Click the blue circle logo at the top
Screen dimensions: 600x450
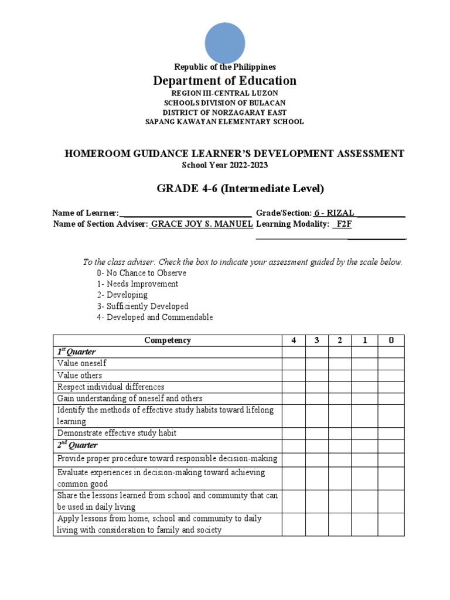click(225, 42)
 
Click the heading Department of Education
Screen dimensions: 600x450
click(225, 81)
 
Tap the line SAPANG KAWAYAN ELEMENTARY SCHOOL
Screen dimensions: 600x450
click(225, 122)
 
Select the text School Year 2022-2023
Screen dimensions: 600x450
click(225, 165)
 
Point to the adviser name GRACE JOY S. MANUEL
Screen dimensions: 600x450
click(202, 224)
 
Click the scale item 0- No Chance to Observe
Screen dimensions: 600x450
click(142, 273)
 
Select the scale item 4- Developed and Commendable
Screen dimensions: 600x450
click(155, 318)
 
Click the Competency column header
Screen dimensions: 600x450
click(168, 340)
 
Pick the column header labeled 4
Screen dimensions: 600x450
click(293, 340)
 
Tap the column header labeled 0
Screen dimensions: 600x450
click(391, 340)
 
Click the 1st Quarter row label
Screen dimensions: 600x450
click(77, 352)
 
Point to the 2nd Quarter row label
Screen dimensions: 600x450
click(77, 446)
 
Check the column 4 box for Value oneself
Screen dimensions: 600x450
click(293, 364)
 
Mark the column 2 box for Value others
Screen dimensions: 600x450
click(339, 376)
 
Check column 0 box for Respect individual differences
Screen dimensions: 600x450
click(391, 387)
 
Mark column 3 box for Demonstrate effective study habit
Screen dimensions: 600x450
click(316, 434)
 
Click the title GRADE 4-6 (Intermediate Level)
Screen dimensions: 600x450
click(240, 189)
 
